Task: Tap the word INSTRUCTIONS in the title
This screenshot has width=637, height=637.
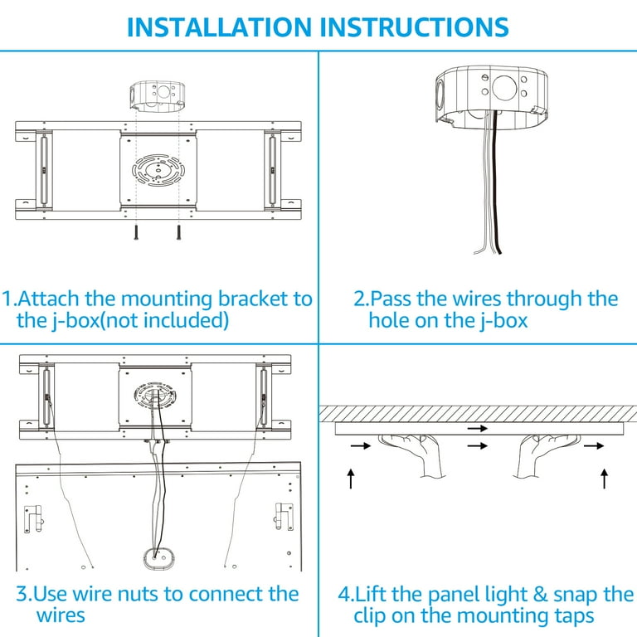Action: [413, 27]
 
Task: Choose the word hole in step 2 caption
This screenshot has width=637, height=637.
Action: [393, 320]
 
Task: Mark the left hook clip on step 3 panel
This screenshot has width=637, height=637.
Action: [33, 518]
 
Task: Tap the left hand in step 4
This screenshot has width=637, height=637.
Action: [413, 455]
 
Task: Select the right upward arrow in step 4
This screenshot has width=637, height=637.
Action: [605, 478]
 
